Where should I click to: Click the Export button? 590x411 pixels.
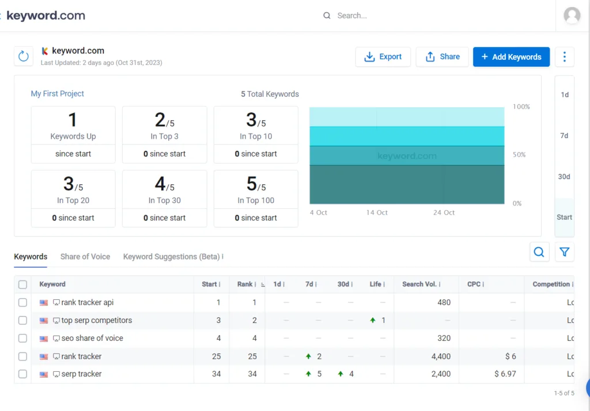pos(383,57)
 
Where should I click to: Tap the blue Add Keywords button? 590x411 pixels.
pos(511,57)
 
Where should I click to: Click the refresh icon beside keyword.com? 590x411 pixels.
pos(24,56)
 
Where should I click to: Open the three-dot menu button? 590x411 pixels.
pos(564,57)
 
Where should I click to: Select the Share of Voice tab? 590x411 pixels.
pos(85,257)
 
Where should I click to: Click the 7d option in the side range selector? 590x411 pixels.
pos(564,136)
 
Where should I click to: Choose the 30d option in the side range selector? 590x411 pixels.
pos(564,177)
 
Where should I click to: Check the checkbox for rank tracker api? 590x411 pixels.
pos(22,302)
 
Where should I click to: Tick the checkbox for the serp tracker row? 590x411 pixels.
pos(22,374)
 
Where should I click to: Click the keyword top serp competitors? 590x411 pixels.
pos(96,320)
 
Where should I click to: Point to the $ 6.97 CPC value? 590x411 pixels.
pos(505,374)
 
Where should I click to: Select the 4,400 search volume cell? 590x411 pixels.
pos(441,356)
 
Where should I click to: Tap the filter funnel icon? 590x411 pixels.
pos(564,252)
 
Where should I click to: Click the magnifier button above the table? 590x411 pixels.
pos(539,252)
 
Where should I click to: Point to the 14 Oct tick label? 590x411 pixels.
pos(377,213)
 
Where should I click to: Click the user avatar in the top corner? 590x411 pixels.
pos(572,16)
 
